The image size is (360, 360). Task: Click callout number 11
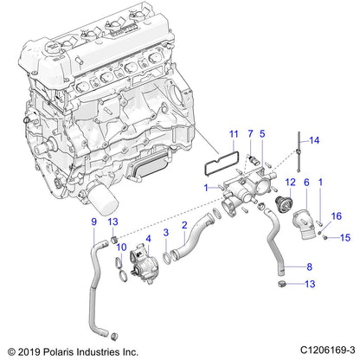click(232, 134)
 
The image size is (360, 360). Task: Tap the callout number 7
click(250, 134)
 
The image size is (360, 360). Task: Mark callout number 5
click(264, 134)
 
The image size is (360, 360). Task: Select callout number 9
click(93, 225)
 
